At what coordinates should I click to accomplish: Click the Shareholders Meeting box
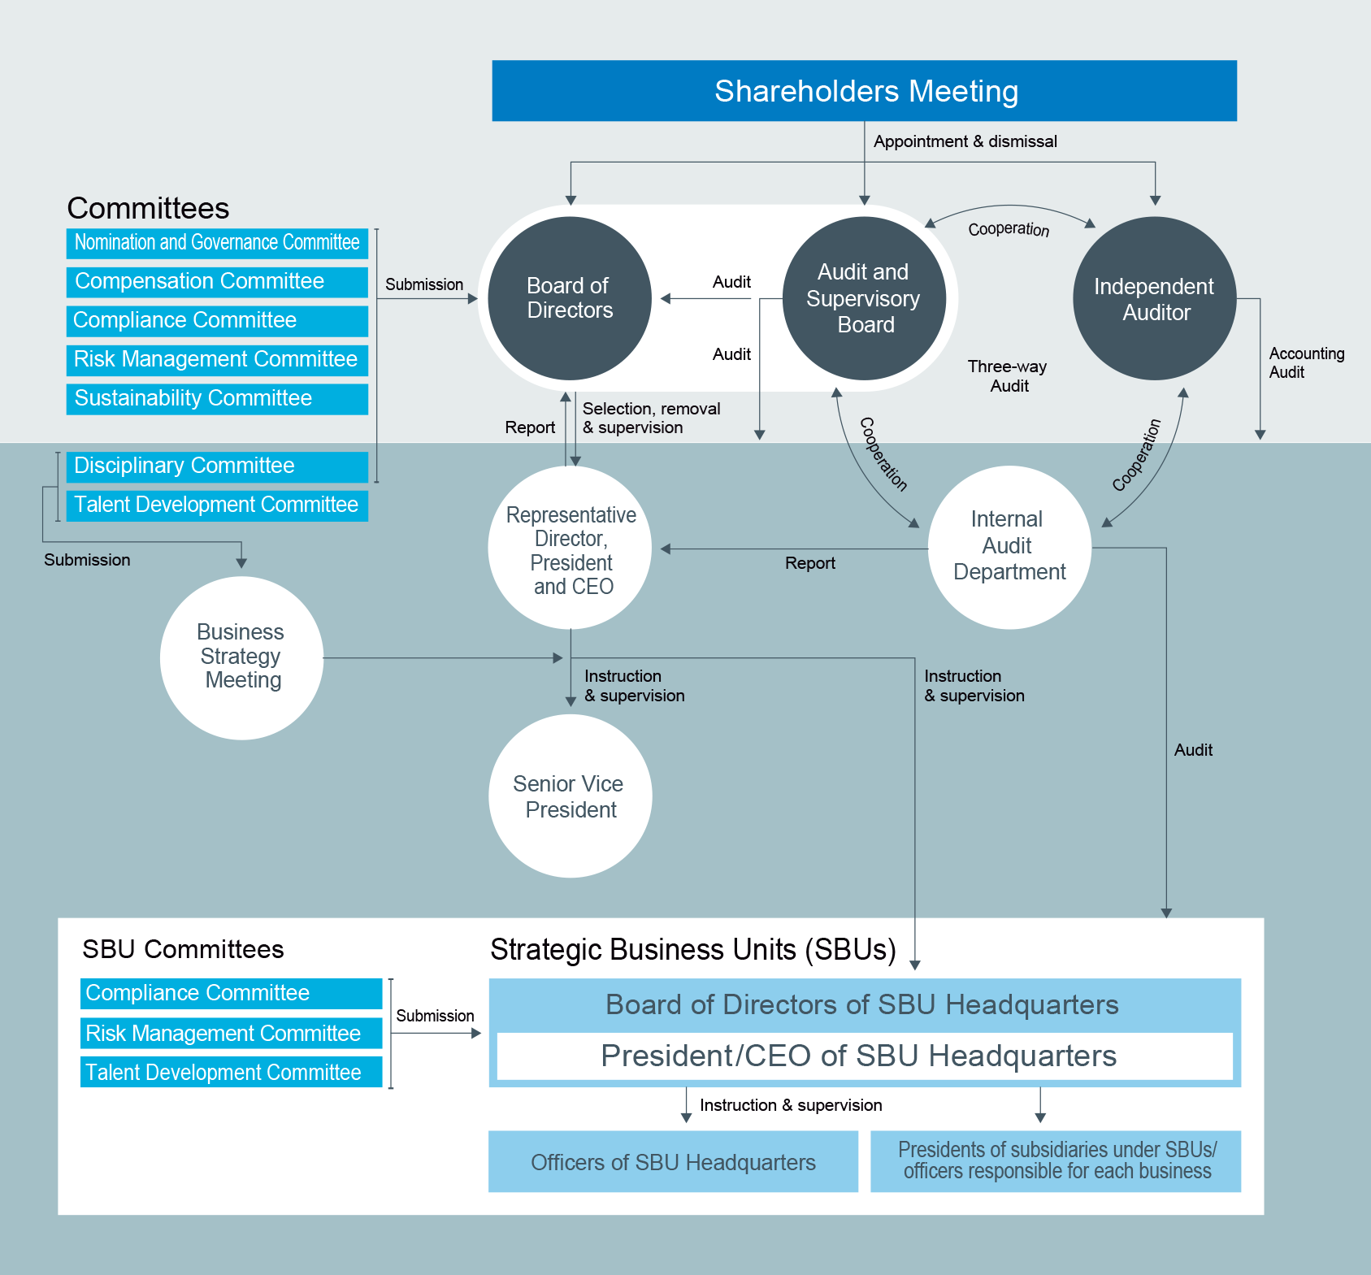(864, 91)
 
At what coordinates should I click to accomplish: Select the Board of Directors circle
(570, 298)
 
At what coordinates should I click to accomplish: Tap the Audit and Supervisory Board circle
(864, 298)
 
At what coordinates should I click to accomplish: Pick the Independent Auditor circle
(1154, 298)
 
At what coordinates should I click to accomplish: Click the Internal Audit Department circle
(1009, 547)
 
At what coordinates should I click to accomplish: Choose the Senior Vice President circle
(570, 796)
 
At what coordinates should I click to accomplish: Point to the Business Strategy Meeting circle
(241, 657)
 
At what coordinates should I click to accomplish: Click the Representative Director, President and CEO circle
(570, 549)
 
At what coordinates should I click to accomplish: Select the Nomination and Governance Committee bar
(217, 243)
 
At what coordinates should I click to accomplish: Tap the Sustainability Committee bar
(217, 399)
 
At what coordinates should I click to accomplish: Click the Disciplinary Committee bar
(217, 466)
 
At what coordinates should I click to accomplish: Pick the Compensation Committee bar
(217, 282)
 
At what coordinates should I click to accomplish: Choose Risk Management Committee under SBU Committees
(231, 1034)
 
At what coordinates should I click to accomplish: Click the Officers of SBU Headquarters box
(673, 1162)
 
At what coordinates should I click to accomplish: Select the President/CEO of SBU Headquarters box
(864, 1056)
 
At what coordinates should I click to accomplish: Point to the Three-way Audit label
(1008, 376)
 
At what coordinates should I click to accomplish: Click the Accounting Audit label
(1306, 363)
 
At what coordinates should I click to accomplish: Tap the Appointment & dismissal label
(965, 142)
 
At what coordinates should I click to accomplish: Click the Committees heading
(148, 209)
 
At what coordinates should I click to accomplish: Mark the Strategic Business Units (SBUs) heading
(692, 950)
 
